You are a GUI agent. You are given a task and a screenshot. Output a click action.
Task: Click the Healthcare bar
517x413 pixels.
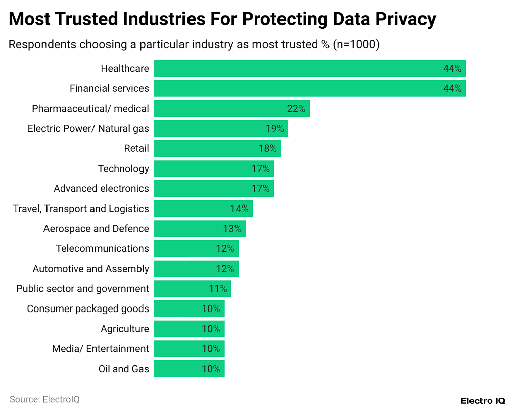(309, 68)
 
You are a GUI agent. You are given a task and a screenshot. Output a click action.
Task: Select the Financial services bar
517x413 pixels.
(309, 88)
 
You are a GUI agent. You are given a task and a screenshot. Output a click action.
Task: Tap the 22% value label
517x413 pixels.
(296, 109)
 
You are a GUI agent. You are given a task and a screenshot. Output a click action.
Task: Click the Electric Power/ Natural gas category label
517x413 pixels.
(88, 128)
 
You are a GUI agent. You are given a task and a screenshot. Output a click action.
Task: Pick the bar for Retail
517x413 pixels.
(217, 148)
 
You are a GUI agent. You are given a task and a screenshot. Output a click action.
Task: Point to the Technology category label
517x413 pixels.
(123, 169)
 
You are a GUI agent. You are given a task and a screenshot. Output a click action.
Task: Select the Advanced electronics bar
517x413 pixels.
(213, 188)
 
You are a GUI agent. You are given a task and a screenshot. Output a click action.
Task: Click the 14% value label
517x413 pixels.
(239, 209)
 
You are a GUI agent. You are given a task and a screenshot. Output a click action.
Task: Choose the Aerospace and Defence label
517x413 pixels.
(96, 229)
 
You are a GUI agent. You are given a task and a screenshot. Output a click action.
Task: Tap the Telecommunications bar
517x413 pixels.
(196, 248)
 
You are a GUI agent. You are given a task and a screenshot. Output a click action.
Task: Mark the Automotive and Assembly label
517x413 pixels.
(91, 269)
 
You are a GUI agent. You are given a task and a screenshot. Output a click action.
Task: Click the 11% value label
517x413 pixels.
(218, 289)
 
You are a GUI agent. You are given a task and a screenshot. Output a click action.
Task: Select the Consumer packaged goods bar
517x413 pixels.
(189, 308)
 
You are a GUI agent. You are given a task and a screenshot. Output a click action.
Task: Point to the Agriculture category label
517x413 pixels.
(125, 329)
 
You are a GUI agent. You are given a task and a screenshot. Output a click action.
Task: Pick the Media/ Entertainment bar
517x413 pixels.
(189, 349)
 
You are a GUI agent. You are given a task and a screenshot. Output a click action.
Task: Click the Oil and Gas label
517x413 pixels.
(124, 369)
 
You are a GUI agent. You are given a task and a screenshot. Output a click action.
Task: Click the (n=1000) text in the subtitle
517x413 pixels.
(356, 44)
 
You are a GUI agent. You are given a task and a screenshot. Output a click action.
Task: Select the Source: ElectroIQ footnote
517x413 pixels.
(44, 399)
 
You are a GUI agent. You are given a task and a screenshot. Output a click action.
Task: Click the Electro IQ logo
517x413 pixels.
(483, 401)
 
